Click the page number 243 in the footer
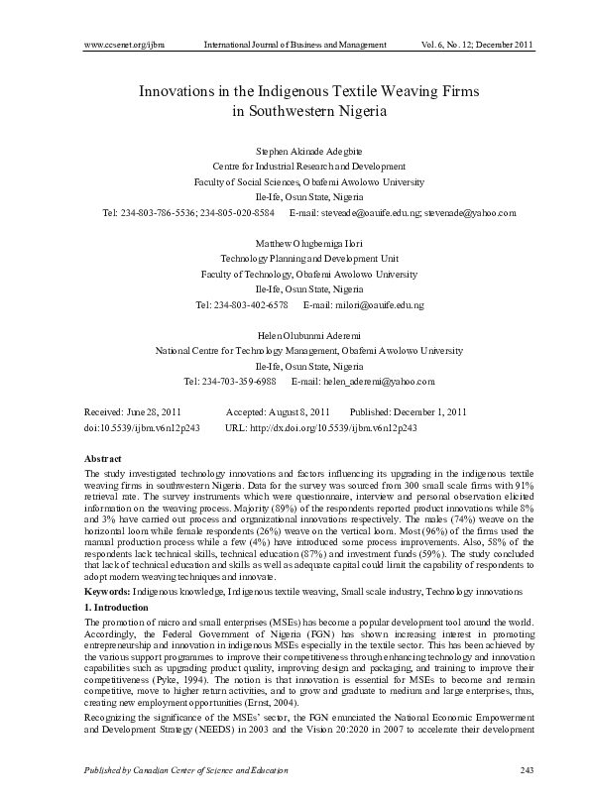tap(528, 770)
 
